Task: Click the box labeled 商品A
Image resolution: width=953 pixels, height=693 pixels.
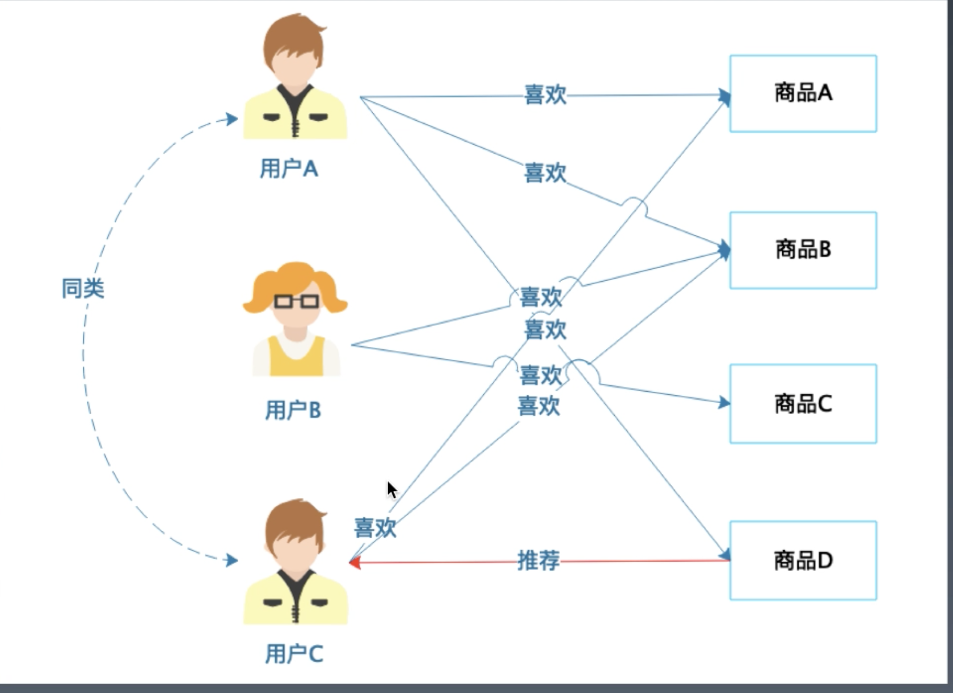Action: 803,94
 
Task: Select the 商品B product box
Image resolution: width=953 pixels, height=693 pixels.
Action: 803,250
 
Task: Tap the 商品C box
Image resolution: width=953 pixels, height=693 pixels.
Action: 803,404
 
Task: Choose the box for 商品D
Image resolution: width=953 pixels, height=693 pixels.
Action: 803,560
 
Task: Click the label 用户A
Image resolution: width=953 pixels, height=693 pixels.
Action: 289,168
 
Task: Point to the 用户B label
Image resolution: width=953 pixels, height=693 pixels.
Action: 293,410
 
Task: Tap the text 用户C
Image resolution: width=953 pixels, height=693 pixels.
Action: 294,654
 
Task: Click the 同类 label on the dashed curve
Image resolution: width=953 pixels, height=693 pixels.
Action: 83,289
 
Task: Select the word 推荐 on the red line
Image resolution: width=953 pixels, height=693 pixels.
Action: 538,560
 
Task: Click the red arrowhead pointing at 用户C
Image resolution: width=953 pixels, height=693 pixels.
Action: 355,562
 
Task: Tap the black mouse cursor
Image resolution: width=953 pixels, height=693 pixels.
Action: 391,489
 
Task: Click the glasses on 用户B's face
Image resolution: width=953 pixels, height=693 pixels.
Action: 296,301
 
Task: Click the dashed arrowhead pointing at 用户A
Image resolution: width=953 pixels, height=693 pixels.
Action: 231,119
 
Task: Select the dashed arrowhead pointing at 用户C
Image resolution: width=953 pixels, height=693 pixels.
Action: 231,560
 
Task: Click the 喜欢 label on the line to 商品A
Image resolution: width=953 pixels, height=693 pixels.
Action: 545,95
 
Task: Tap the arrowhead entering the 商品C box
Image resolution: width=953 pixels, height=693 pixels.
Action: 724,403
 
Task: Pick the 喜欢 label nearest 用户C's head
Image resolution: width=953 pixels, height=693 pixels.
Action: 375,527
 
